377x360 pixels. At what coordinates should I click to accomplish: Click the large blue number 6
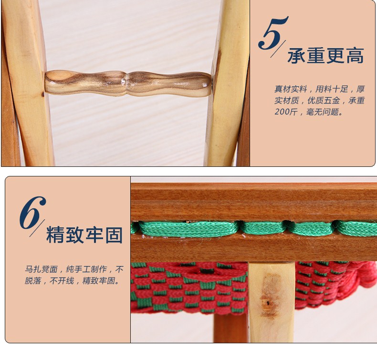tap(32, 213)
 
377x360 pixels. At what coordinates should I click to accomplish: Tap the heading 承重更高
tap(325, 56)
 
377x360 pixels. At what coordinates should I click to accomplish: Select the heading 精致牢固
tap(84, 235)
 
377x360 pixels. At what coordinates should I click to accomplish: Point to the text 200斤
tap(286, 112)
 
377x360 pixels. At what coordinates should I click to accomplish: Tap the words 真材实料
tap(291, 89)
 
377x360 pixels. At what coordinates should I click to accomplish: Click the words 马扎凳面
tap(41, 269)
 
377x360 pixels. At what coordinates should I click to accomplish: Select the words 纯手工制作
tap(86, 269)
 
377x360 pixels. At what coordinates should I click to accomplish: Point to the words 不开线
tap(62, 280)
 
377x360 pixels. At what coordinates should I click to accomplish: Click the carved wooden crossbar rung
tap(128, 83)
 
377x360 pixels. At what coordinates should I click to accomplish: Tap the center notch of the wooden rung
tap(126, 83)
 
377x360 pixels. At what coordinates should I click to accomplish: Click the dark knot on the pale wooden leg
tap(269, 303)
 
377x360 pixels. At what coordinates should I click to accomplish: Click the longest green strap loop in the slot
tap(188, 229)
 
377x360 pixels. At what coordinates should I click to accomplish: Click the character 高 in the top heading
tap(355, 56)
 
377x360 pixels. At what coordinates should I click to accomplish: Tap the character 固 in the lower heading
tap(114, 235)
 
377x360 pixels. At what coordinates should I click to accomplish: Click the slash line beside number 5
tap(278, 49)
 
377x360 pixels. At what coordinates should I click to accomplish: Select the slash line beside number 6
tap(37, 228)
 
